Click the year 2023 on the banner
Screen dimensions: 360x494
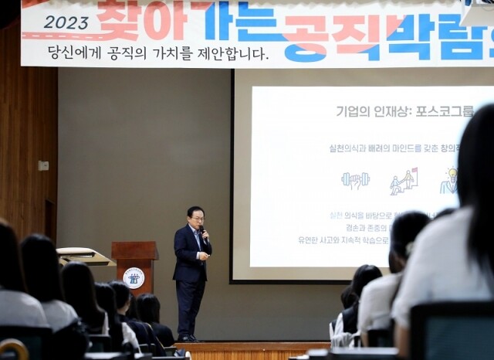click(x=66, y=22)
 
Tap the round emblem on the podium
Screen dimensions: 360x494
click(x=134, y=277)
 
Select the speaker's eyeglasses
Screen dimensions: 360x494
click(x=198, y=219)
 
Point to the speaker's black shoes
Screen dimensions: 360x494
click(x=188, y=338)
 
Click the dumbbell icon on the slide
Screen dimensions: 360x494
click(x=355, y=181)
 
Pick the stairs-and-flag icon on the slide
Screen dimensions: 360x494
click(x=403, y=182)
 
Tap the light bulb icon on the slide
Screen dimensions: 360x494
click(x=448, y=181)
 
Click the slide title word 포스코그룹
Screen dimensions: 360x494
click(x=445, y=111)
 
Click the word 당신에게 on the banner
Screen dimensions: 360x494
click(x=75, y=53)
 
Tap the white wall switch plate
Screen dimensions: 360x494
click(x=43, y=165)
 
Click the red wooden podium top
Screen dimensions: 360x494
click(x=135, y=249)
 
